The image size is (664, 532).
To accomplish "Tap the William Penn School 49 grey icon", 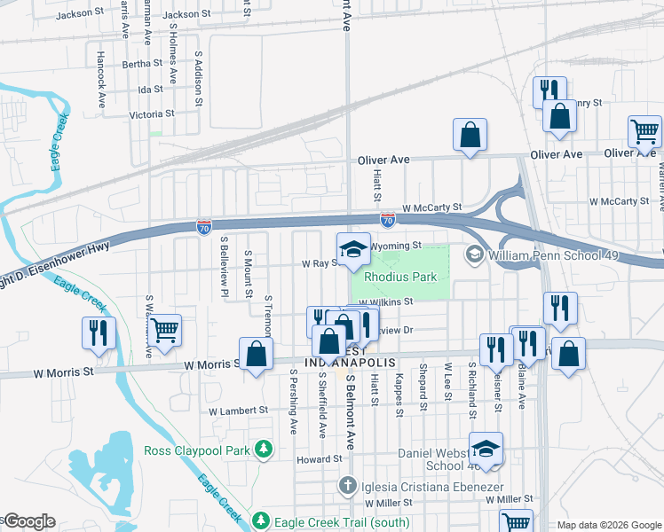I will tap(474, 254).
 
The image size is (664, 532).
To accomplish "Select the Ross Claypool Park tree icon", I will tap(264, 450).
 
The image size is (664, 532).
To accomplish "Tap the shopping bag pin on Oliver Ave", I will tap(470, 136).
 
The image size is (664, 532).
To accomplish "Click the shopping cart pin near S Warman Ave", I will tap(165, 330).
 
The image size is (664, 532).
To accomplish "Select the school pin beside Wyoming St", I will tap(352, 249).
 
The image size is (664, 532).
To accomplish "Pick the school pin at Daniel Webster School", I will tap(486, 448).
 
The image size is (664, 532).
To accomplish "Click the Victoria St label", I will tap(151, 114).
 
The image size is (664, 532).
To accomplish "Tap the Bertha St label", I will tap(142, 64).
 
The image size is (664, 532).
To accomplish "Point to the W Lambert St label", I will tap(238, 411).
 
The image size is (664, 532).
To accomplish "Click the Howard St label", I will tap(319, 458).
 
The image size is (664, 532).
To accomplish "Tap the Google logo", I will tap(28, 521).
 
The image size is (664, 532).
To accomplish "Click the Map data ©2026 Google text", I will tap(609, 525).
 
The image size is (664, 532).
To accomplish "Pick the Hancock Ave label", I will tap(100, 79).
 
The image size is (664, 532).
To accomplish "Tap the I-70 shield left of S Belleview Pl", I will tap(204, 227).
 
